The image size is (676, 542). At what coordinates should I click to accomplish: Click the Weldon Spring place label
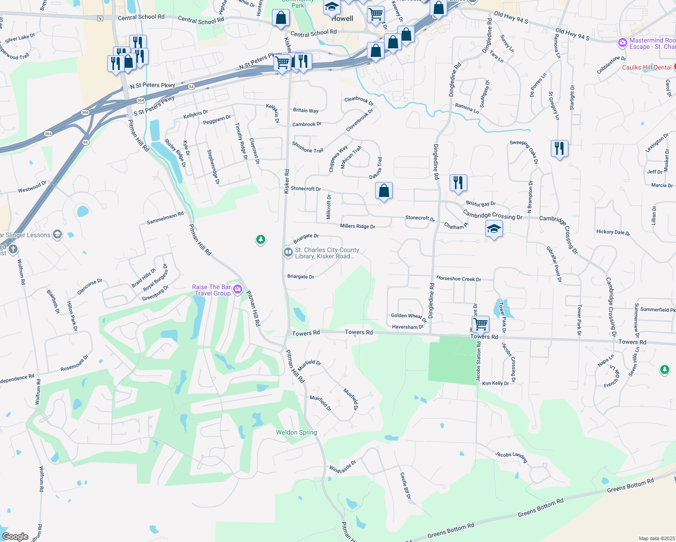point(296,432)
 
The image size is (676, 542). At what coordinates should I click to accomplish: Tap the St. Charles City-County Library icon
point(288,252)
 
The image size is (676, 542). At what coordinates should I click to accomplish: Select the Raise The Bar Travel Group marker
point(238,289)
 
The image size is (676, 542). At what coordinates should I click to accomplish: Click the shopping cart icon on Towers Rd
point(480,323)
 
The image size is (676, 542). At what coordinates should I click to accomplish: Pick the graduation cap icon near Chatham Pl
point(494,229)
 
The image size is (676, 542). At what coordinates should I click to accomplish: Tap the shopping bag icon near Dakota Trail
point(384,191)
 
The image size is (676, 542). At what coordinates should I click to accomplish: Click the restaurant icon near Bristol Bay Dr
point(458,183)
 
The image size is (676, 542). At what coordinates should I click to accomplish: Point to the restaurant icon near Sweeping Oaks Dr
point(559,148)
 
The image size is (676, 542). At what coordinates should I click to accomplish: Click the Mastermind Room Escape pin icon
point(623,43)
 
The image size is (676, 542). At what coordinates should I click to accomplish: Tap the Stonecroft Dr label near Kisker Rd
point(306,189)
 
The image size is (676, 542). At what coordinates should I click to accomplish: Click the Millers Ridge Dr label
point(357,226)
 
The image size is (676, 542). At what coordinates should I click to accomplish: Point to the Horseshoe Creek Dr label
point(459,279)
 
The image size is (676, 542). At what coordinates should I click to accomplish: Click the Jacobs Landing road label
point(511,457)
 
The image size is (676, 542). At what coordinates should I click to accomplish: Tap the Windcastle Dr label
point(343,467)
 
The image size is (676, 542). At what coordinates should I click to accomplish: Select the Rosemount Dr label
point(75,363)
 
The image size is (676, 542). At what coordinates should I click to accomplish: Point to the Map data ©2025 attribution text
point(657,538)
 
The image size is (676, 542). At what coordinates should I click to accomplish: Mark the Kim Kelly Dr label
point(495,383)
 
